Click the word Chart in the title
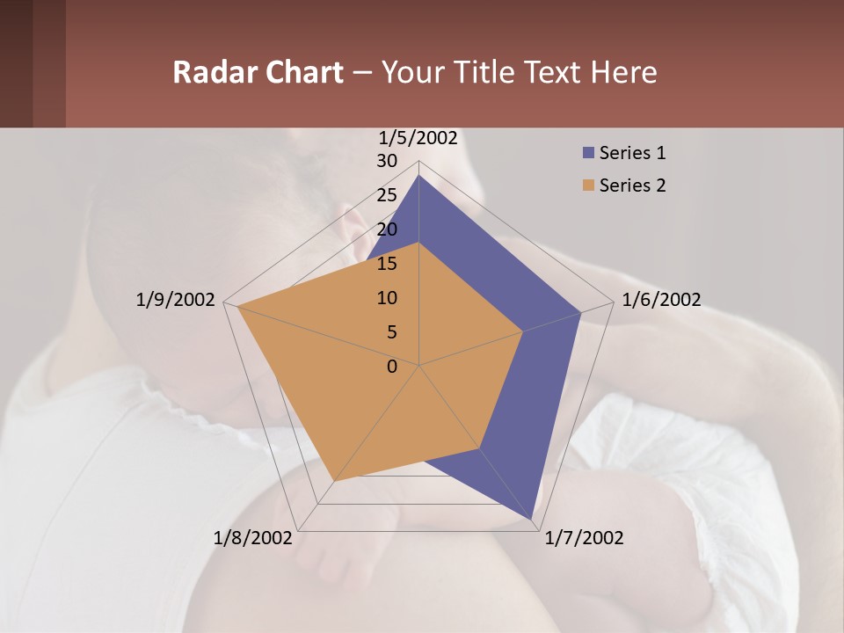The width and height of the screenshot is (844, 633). point(301,72)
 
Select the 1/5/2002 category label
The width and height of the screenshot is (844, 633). point(418,137)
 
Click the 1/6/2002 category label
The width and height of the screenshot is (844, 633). point(661,300)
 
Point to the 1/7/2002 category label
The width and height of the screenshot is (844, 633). point(584,538)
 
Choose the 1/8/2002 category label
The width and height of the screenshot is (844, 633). point(253,538)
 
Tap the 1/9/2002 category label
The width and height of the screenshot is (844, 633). point(176,300)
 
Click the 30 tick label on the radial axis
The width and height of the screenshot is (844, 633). point(387,161)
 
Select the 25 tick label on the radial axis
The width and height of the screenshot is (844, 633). point(387,195)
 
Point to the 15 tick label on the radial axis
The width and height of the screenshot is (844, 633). point(387,264)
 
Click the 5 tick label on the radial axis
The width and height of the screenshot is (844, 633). point(392,332)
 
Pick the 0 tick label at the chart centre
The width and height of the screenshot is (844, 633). point(392,367)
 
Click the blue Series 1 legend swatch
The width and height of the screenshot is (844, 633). point(588,153)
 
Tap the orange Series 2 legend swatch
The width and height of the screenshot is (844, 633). point(588,186)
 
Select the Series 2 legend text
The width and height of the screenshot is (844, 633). point(632,186)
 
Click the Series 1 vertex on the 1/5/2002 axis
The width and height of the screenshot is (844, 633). point(419,175)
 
